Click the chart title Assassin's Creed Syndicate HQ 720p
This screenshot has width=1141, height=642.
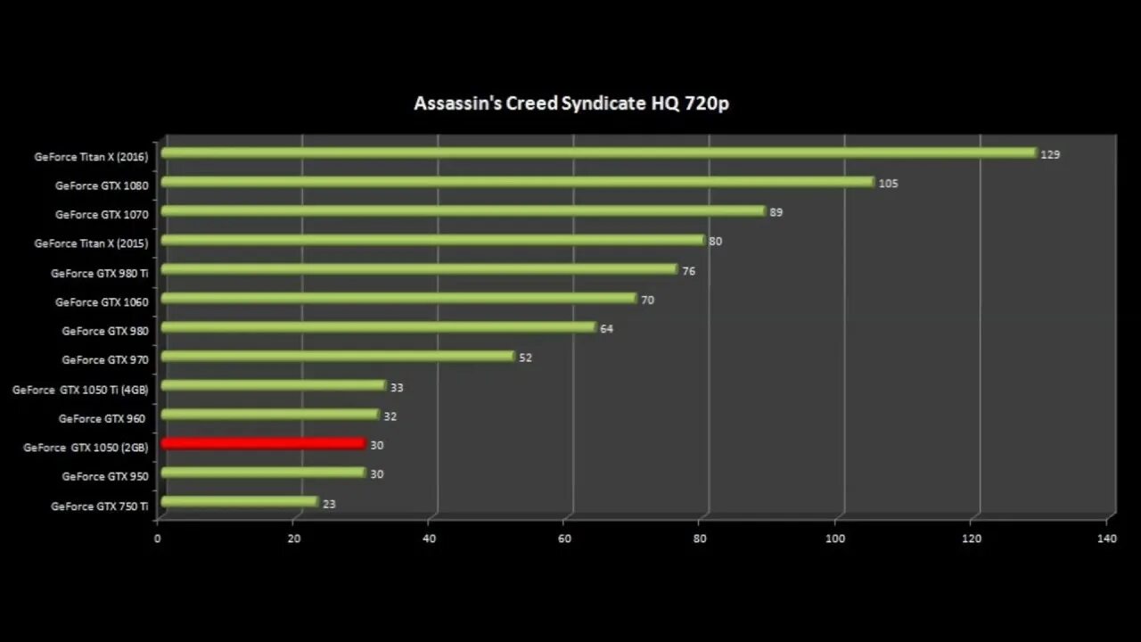571,103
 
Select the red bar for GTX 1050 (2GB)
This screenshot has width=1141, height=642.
263,443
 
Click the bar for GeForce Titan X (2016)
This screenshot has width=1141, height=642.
597,153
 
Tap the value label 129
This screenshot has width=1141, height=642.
1050,155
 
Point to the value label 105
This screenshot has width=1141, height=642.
888,184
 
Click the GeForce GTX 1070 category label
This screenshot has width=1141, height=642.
102,215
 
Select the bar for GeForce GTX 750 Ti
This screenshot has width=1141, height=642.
239,502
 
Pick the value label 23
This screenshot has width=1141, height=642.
329,504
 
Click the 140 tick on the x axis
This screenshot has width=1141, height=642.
1106,539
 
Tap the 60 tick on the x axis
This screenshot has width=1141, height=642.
564,539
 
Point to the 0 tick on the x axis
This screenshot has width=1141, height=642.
158,539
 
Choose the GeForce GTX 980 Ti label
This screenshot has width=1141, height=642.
100,273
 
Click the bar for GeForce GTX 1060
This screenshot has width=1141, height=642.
398,298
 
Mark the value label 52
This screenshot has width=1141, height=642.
525,358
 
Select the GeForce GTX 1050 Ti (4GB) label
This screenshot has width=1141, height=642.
80,390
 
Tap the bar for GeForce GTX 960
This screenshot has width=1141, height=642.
269,415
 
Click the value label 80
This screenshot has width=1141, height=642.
715,242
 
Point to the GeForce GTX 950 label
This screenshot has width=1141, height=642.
105,476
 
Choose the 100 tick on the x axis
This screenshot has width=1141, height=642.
835,539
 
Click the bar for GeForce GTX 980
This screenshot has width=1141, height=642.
378,327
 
